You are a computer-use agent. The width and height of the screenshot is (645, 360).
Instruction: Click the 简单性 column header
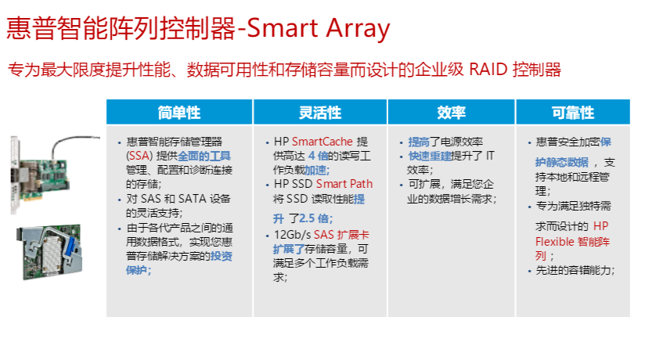(179, 113)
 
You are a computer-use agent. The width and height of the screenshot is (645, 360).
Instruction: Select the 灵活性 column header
(320, 113)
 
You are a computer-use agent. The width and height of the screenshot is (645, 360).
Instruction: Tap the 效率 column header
(451, 113)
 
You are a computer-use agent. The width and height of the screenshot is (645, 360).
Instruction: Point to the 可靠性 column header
(573, 113)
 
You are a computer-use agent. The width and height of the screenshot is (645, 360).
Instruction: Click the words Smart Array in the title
(318, 29)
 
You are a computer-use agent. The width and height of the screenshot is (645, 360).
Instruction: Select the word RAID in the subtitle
(488, 70)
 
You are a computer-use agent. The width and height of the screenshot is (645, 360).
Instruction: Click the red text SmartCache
(322, 142)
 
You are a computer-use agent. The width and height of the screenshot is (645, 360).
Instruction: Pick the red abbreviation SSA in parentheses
(139, 156)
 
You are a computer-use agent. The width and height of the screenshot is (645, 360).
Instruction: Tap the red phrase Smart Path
(344, 183)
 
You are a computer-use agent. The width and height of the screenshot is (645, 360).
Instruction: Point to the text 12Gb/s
(292, 235)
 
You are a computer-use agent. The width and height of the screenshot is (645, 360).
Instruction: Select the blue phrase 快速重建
(430, 156)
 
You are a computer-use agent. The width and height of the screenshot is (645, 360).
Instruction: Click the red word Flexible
(554, 241)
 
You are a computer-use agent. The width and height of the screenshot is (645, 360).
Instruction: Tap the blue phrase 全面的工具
(204, 156)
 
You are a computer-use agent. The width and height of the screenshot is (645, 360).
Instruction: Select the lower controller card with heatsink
(49, 252)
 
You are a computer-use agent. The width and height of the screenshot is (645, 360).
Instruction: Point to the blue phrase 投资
(222, 256)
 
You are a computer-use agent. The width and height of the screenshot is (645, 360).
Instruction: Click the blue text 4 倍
(318, 156)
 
